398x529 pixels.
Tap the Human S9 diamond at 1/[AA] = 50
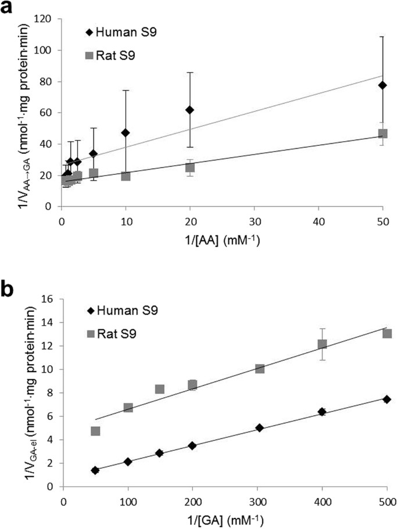(x=382, y=85)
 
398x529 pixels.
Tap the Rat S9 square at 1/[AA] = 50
(x=382, y=134)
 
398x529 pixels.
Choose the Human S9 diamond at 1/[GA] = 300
(x=259, y=428)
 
